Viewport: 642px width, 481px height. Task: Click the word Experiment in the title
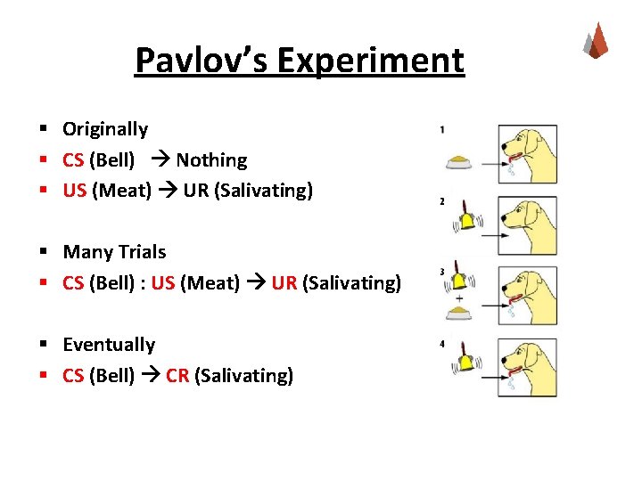pos(370,61)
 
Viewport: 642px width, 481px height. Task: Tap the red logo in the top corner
pos(595,40)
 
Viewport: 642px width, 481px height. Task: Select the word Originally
pos(105,129)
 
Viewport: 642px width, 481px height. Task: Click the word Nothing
pos(211,160)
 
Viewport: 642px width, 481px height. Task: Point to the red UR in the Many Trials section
pos(284,283)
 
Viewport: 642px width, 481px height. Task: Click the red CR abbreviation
pos(177,376)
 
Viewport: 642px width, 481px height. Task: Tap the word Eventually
pos(109,345)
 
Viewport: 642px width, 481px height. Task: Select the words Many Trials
pos(114,252)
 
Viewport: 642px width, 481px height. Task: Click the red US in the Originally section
pos(74,191)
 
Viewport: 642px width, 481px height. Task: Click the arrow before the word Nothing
pos(161,160)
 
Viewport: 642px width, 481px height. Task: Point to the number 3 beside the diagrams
pos(442,272)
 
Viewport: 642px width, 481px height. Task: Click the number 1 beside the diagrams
pos(442,130)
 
